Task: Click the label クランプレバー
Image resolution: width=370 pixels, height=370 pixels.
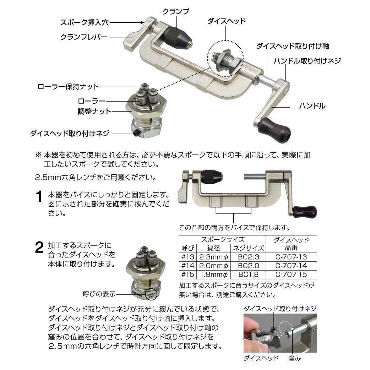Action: [x=84, y=37]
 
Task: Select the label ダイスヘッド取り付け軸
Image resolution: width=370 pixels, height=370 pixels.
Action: [x=293, y=46]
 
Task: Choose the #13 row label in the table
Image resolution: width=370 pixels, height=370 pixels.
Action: [x=187, y=257]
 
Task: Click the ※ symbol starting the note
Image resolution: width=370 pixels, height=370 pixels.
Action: [x=38, y=156]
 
